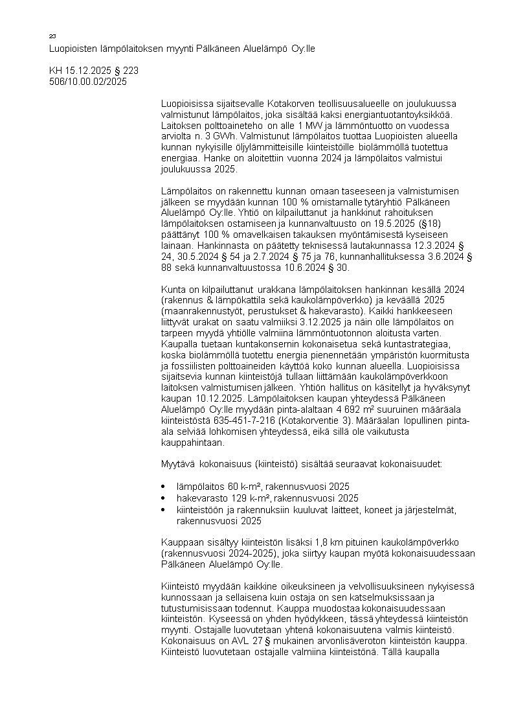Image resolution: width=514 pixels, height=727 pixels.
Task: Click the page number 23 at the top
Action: click(52, 36)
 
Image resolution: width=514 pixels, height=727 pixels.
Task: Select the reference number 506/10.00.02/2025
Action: click(88, 82)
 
